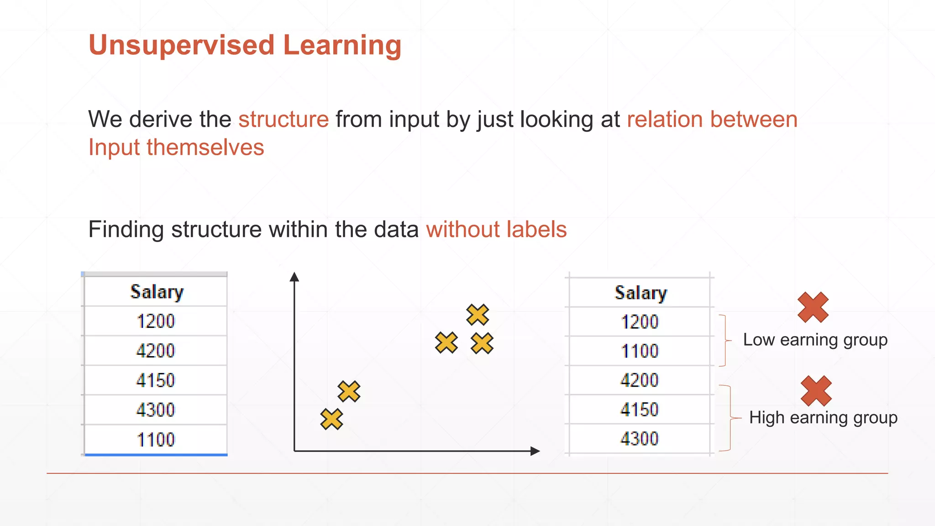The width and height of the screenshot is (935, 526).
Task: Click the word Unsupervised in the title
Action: click(x=181, y=46)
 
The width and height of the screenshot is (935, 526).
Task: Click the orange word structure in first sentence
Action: click(x=283, y=120)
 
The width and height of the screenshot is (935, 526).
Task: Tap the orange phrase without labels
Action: click(x=496, y=229)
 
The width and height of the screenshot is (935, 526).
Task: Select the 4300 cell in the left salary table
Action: click(x=156, y=410)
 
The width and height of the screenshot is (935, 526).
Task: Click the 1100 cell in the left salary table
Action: click(x=156, y=440)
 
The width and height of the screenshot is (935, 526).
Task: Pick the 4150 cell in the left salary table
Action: click(x=156, y=380)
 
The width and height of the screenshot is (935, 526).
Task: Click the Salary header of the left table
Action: click(x=157, y=292)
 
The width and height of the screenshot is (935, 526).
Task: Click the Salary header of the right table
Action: click(x=640, y=293)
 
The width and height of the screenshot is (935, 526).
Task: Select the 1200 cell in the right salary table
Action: click(x=640, y=322)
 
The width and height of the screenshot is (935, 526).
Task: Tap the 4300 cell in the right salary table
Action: click(x=640, y=439)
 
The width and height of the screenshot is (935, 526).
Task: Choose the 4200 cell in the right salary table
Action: click(x=640, y=380)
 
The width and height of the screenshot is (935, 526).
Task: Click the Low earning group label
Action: click(x=815, y=340)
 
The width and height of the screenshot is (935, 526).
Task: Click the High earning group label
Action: click(x=823, y=418)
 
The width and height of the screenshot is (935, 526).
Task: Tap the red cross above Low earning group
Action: click(x=813, y=307)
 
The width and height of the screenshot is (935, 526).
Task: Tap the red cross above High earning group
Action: click(x=816, y=391)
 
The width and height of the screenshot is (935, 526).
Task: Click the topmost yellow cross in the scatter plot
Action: click(x=478, y=315)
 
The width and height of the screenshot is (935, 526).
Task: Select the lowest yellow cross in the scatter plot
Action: click(x=331, y=419)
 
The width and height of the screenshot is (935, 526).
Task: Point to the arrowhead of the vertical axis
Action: click(x=294, y=277)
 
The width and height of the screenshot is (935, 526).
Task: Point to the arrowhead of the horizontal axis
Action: click(x=535, y=451)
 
